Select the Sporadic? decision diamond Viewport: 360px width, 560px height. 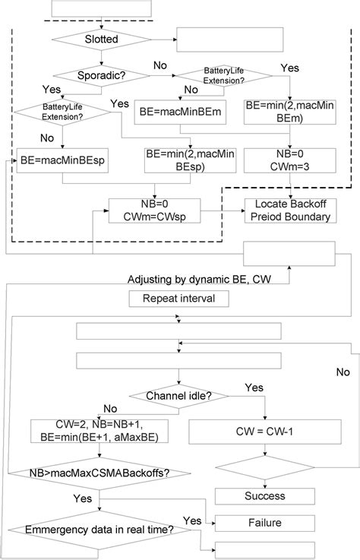(x=102, y=76)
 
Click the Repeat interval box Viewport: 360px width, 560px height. (x=185, y=299)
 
